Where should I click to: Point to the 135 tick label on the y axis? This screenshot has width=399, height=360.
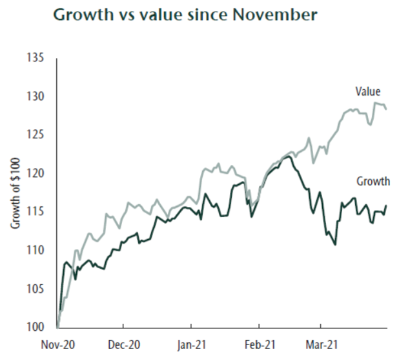point(36,59)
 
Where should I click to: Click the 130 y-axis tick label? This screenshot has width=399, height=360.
point(36,97)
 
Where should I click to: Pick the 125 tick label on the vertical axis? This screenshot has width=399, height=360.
point(36,135)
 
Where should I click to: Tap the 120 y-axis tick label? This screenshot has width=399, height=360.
point(36,173)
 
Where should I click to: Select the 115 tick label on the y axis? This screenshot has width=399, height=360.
point(36,212)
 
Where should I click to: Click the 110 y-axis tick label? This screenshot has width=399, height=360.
point(36,250)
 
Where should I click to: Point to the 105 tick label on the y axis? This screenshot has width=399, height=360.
point(36,288)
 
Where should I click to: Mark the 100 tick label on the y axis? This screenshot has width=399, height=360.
point(36,326)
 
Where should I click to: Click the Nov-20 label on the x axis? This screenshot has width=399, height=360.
point(58,344)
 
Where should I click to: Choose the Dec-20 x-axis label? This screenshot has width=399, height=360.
point(125,344)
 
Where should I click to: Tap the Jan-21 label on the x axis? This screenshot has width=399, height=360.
point(192,344)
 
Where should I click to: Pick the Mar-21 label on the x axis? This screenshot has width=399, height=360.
point(320,344)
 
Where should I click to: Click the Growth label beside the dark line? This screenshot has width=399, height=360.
point(373,182)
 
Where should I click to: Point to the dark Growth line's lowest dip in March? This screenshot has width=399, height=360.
point(336,244)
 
